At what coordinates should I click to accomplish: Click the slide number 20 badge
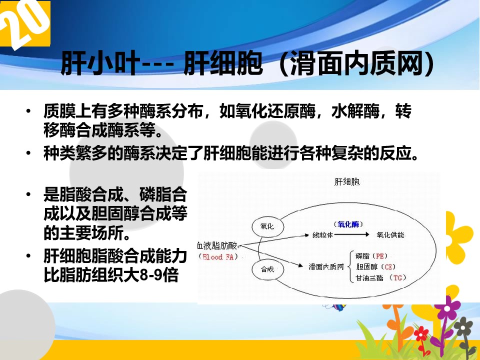(x=25, y=23)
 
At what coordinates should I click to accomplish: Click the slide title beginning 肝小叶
(x=247, y=63)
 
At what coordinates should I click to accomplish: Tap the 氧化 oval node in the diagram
(x=267, y=226)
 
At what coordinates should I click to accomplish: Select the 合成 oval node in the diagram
(x=267, y=269)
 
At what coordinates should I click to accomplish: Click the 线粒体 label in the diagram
(x=322, y=235)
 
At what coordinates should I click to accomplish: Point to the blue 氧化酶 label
(x=348, y=224)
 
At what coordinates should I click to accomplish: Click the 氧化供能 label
(x=390, y=235)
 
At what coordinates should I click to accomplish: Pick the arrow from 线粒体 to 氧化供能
(x=351, y=235)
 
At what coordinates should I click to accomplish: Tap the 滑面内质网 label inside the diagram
(x=326, y=266)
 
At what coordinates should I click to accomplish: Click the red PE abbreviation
(x=380, y=256)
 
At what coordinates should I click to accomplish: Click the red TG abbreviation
(x=397, y=277)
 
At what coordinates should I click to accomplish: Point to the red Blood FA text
(x=218, y=257)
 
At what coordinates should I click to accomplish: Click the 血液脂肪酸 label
(x=217, y=245)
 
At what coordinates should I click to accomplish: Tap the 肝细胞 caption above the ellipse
(x=347, y=182)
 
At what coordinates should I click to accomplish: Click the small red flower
(x=421, y=333)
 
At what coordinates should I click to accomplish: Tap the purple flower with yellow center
(x=447, y=307)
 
